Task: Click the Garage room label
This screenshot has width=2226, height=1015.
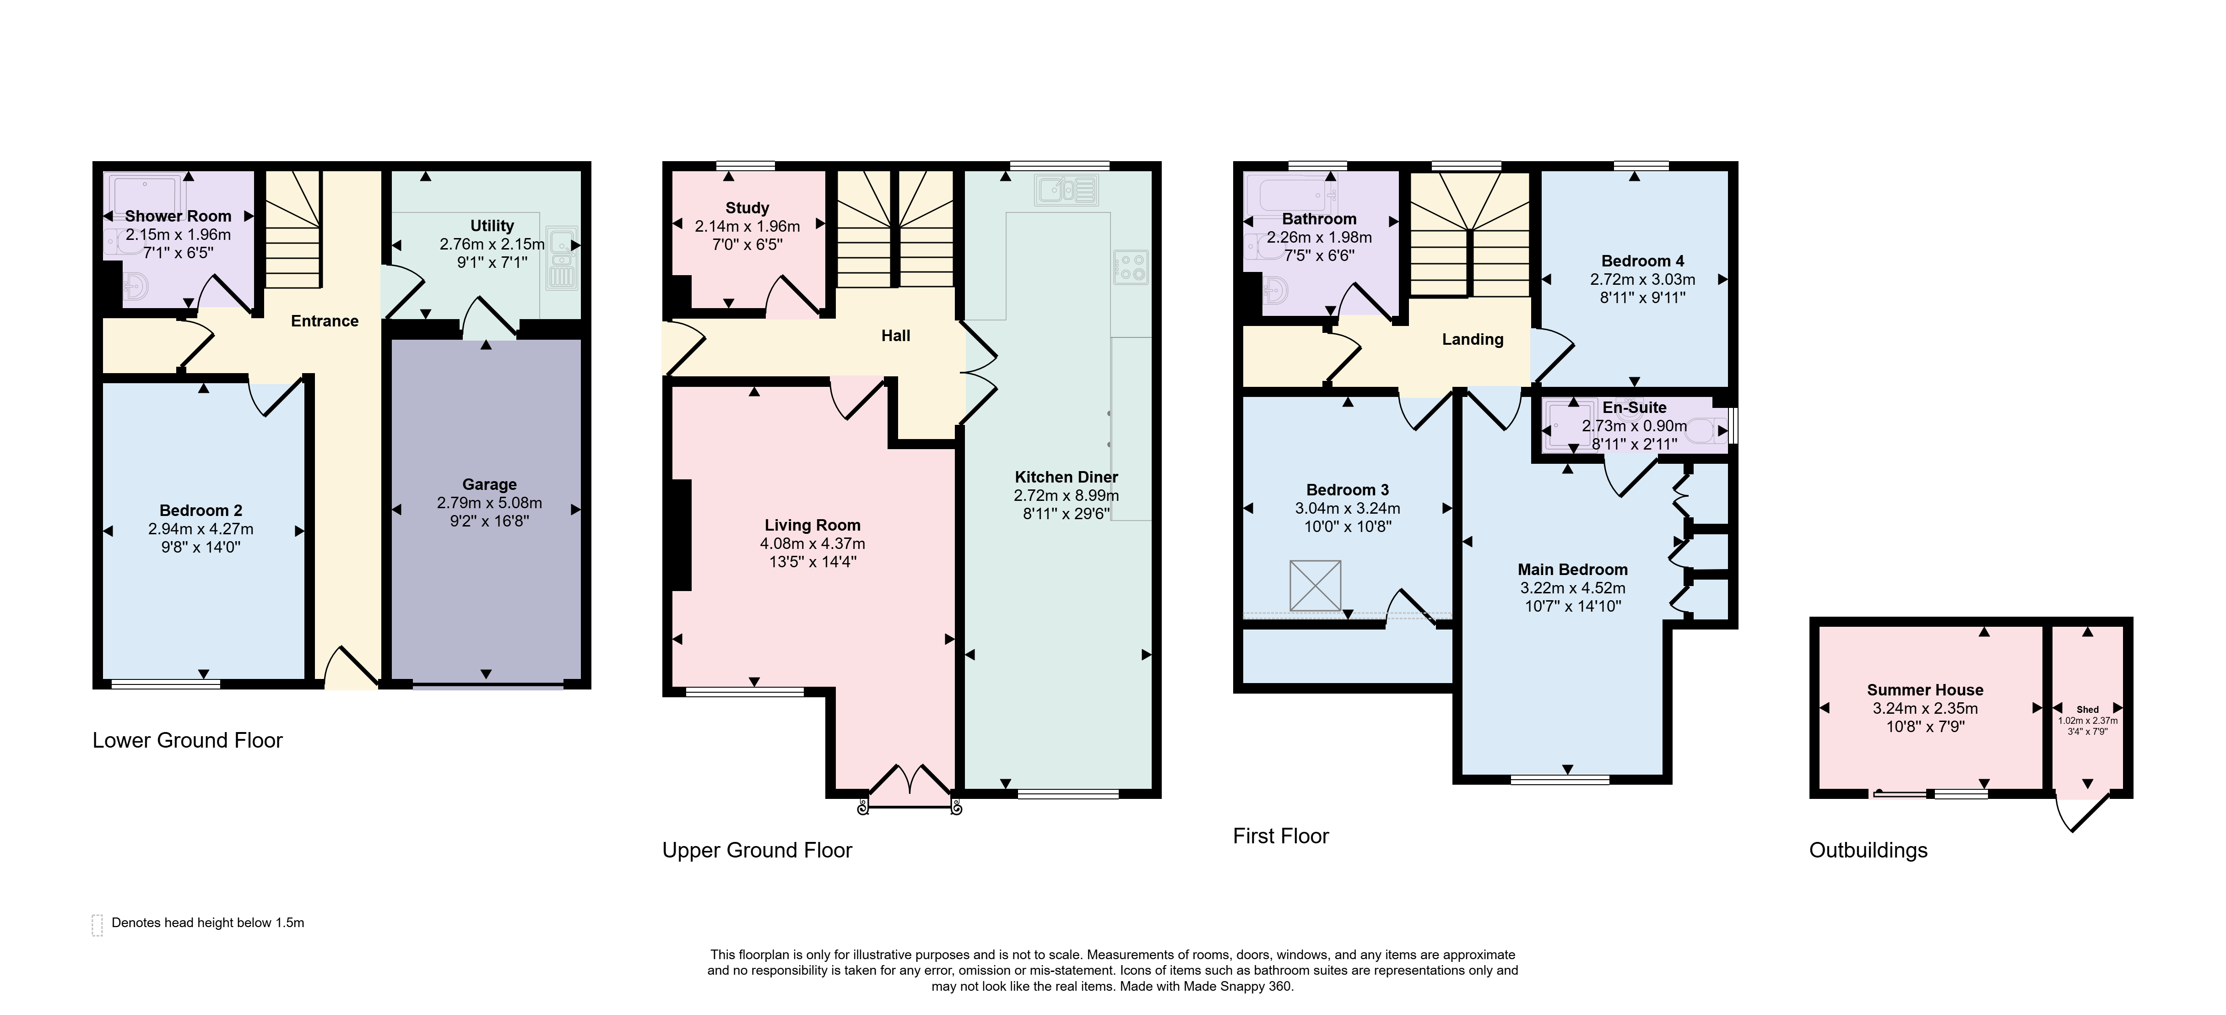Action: coord(489,484)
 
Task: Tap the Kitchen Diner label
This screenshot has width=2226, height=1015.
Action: coord(1067,477)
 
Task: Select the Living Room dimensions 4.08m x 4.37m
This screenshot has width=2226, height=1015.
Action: coord(812,544)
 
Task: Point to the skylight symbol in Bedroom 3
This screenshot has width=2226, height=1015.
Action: coord(1315,585)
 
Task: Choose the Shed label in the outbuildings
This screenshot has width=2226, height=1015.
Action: coord(2088,710)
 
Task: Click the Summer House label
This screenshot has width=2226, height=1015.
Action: coord(1925,690)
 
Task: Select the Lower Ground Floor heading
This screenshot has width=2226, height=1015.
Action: coord(188,741)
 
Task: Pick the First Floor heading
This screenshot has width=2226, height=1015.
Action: coord(1281,836)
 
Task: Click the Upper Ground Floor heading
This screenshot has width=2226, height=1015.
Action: coord(757,851)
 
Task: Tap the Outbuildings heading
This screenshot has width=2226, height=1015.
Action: coord(1868,851)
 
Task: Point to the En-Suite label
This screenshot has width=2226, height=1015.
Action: coord(1634,407)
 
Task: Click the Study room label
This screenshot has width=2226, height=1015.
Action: coord(747,208)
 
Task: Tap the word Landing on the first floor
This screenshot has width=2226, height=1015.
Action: coord(1473,340)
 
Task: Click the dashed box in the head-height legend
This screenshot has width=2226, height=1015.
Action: coord(97,925)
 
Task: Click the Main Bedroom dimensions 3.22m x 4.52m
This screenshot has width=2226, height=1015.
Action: coord(1573,588)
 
